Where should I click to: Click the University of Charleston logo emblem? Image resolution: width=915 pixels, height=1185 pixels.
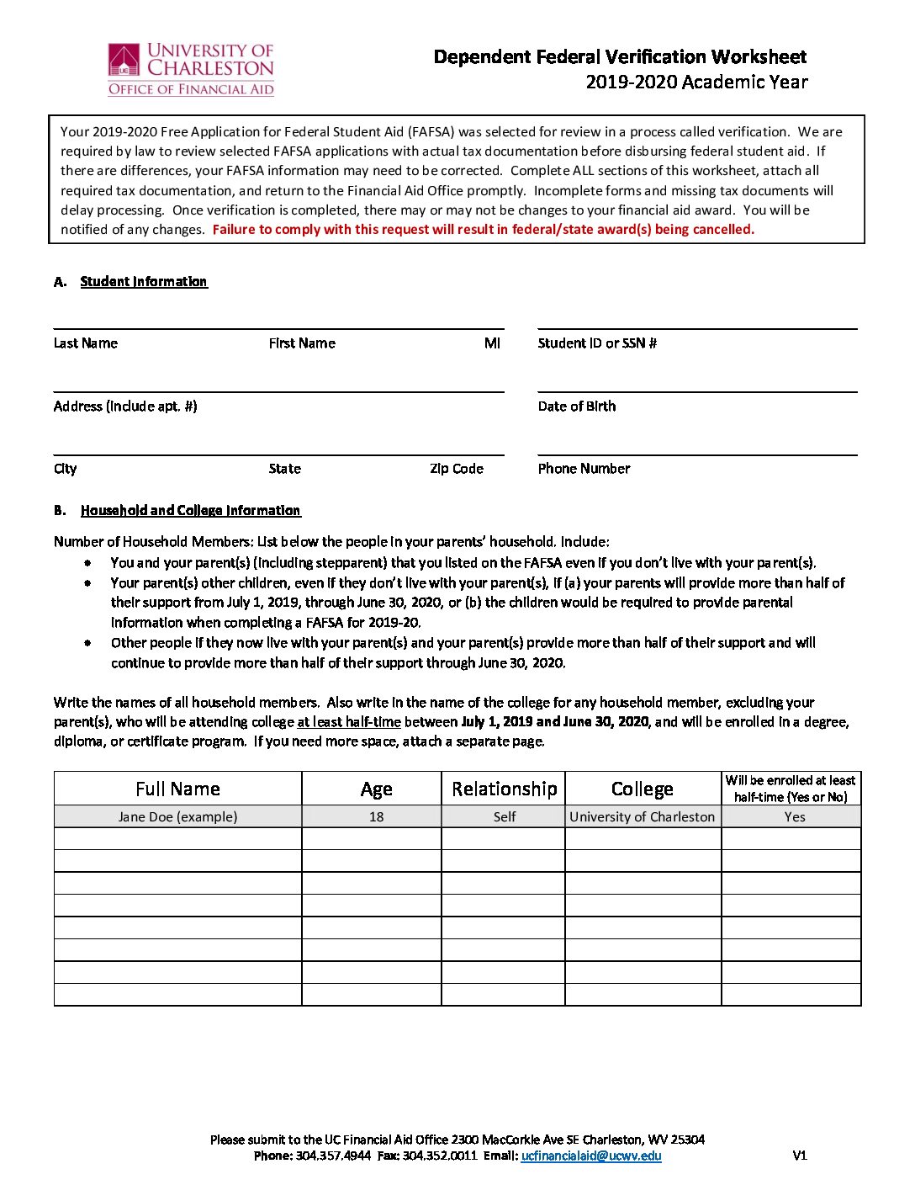pos(124,61)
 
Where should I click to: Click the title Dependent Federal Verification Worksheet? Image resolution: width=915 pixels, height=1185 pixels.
pos(620,57)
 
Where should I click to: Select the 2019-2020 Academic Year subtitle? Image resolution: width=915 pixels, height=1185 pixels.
pos(696,82)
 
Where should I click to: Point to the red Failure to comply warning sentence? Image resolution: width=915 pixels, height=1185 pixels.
pos(483,230)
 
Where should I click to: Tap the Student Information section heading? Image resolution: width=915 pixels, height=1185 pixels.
pos(144,282)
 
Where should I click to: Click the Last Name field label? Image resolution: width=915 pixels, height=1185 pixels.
pos(86,343)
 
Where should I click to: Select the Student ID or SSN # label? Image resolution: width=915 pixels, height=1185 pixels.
pos(597,343)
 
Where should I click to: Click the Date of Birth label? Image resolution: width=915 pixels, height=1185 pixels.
pos(577,407)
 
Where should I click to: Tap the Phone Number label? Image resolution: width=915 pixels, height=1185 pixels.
pos(584,469)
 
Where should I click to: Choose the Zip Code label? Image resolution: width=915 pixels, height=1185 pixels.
pos(457,469)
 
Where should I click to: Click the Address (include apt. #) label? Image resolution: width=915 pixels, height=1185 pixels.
pos(125,407)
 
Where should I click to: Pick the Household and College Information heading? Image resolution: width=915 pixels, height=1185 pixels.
pos(191,511)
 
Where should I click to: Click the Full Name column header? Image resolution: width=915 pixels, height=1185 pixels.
pos(177,789)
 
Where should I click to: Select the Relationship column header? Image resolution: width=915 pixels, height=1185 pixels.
pos(504,789)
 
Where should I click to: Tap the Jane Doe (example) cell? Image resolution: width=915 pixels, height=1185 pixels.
pos(177,816)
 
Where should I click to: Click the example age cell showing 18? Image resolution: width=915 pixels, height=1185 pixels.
pos(376,816)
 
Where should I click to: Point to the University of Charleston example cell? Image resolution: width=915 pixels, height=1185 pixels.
pos(642,816)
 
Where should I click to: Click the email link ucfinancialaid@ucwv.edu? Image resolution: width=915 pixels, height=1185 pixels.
pos(591,1156)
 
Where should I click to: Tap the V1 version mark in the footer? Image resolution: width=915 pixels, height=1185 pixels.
pos(800,1156)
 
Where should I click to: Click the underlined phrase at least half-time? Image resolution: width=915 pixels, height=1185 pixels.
pos(349,722)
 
